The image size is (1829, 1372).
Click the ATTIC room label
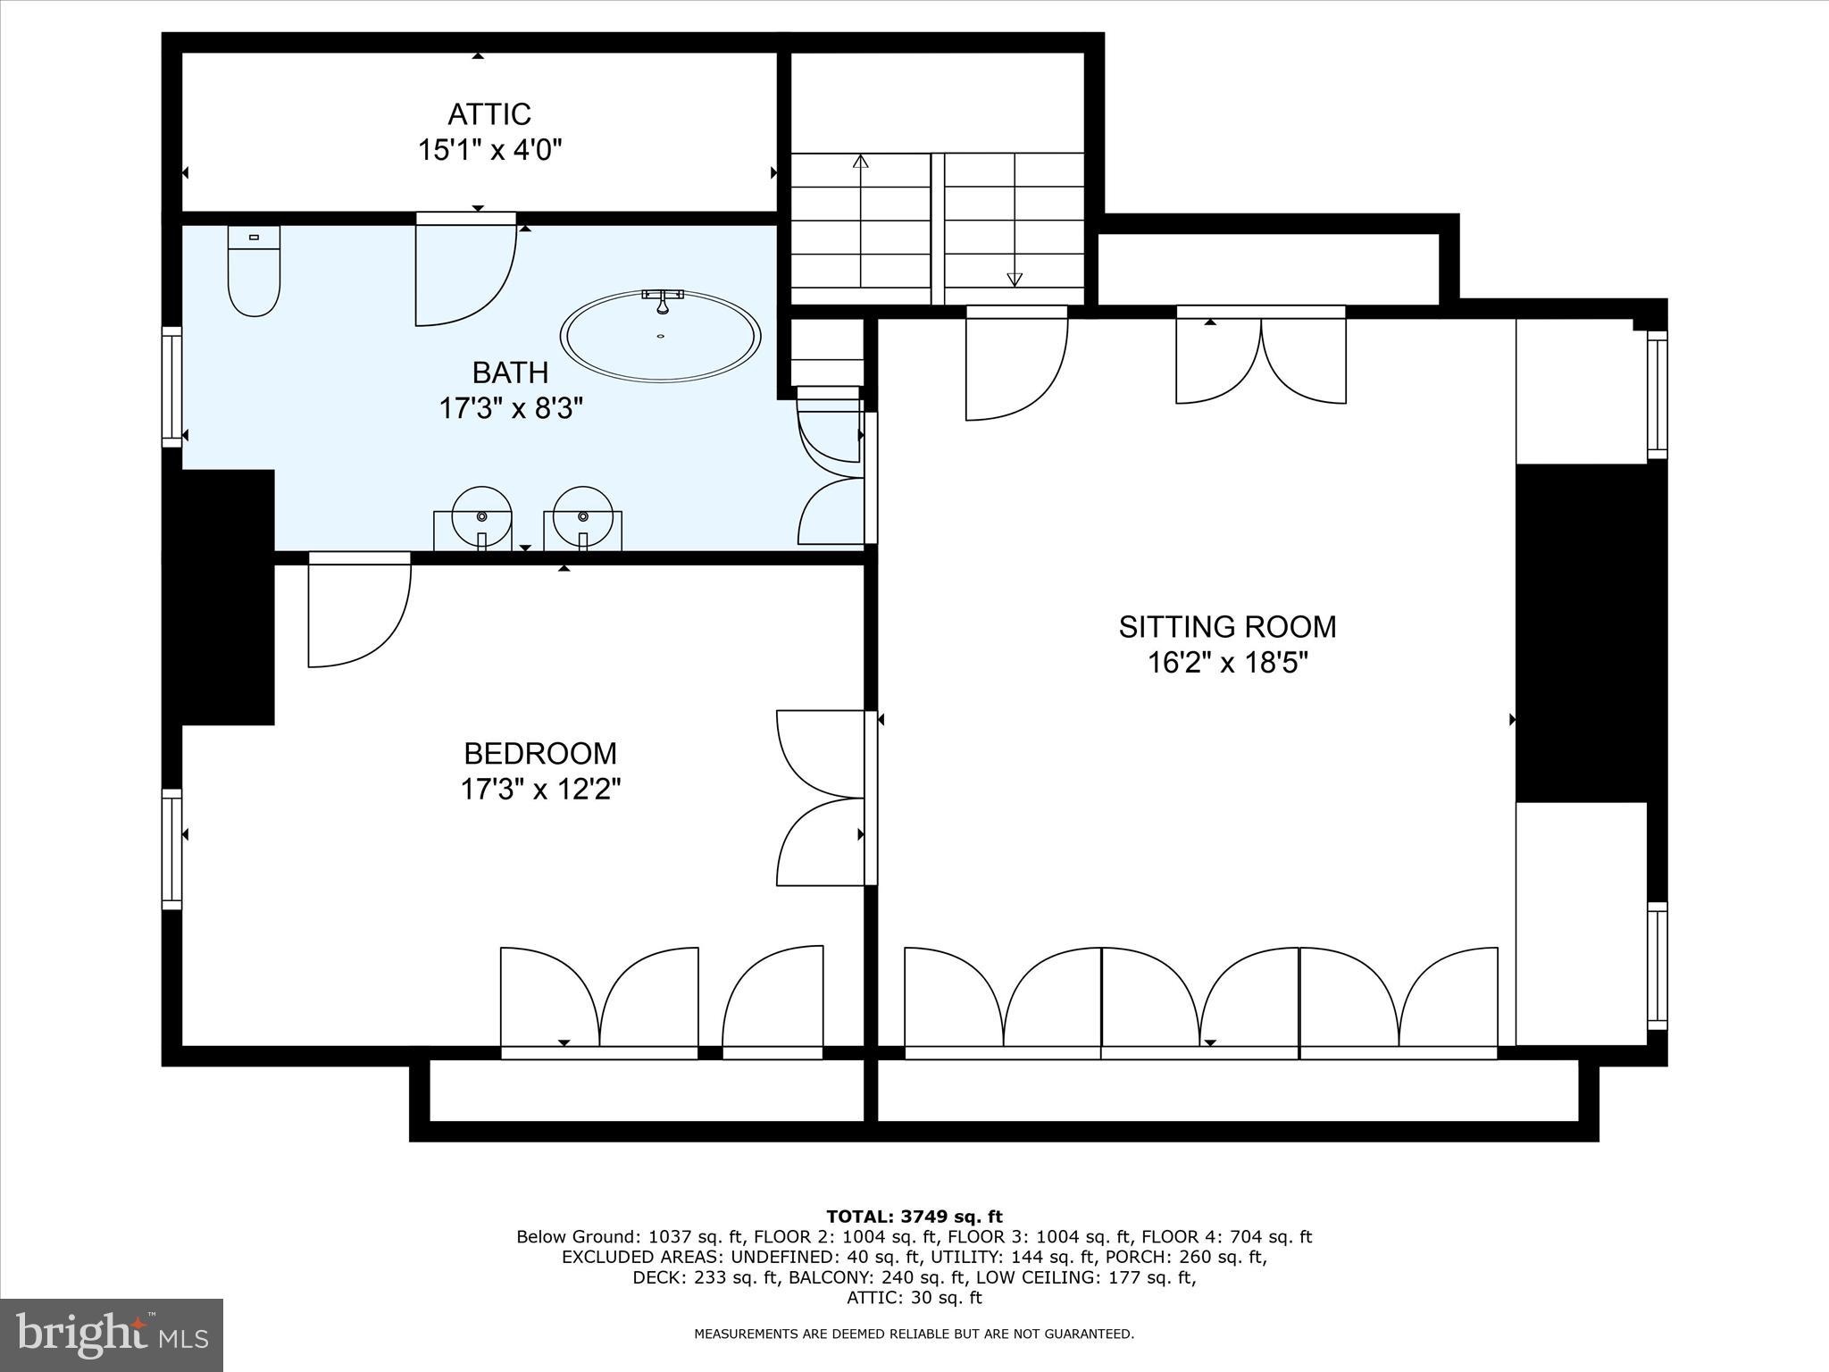tap(489, 114)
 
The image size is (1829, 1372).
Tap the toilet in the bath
tap(254, 272)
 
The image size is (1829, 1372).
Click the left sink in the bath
tap(481, 517)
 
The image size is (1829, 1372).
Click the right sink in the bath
tap(583, 517)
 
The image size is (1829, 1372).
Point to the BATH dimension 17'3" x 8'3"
tap(510, 409)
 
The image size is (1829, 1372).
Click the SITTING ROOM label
tap(1227, 627)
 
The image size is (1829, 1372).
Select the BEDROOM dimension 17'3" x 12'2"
tap(540, 790)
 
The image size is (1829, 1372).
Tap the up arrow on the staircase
tap(860, 163)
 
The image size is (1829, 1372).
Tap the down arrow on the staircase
tap(1014, 279)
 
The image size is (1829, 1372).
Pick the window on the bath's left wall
tap(171, 386)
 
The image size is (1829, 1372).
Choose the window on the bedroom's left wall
tap(171, 849)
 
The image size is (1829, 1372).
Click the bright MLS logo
tap(112, 1335)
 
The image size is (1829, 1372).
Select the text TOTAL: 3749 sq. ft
tap(914, 1217)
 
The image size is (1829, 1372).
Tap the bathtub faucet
tap(662, 300)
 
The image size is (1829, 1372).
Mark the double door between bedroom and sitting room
tap(822, 798)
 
